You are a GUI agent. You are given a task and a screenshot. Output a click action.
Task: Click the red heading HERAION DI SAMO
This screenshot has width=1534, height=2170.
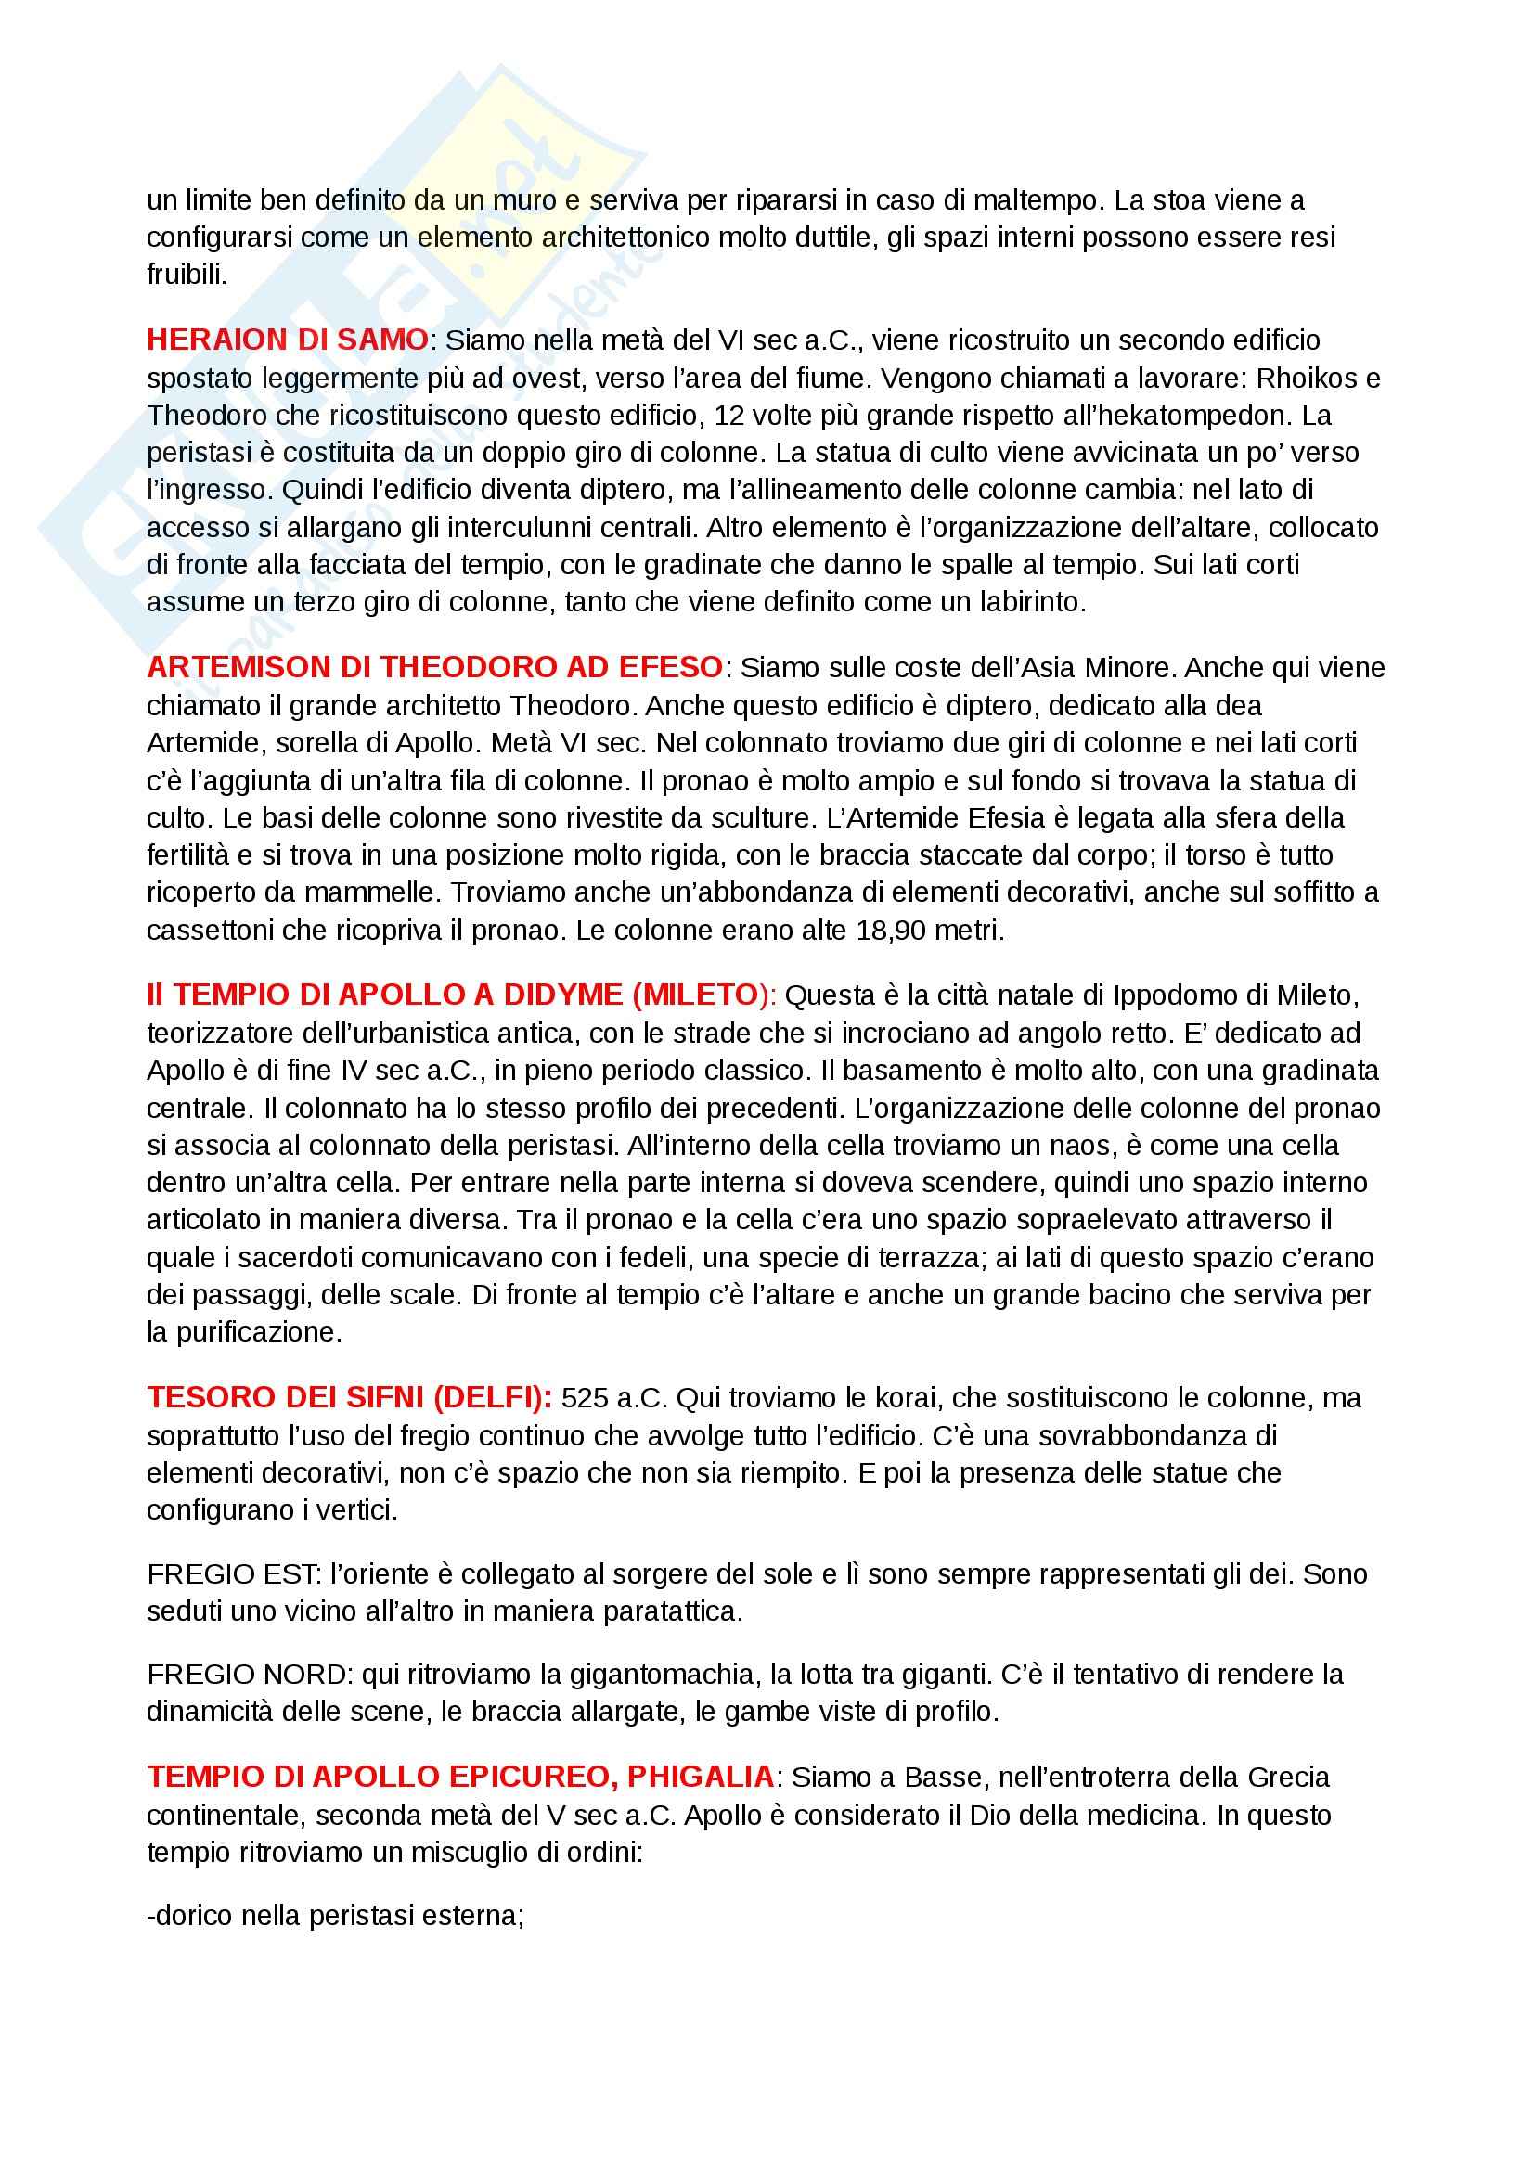tap(288, 340)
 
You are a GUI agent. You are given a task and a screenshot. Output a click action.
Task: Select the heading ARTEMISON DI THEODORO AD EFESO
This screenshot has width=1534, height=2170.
tap(435, 667)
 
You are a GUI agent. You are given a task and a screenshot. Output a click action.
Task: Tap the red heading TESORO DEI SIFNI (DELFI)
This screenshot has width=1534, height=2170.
tap(349, 1397)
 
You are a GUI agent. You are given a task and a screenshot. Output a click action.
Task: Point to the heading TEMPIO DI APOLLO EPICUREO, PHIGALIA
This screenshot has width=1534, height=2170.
tap(460, 1777)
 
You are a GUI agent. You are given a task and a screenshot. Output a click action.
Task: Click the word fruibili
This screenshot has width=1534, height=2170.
tap(187, 275)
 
